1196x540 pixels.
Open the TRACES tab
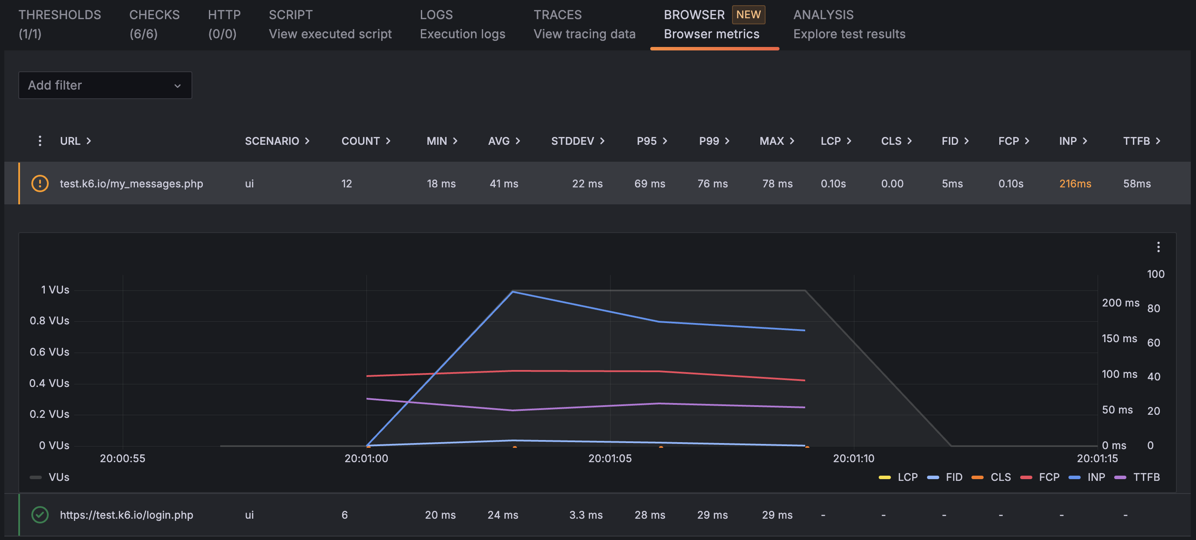coord(584,24)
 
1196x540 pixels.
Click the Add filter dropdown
coord(105,85)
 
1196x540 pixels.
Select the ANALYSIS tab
coord(849,24)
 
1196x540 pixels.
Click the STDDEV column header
coord(577,141)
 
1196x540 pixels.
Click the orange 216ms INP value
coord(1075,184)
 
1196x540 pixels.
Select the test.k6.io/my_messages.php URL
coord(131,184)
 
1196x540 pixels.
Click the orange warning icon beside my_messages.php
coord(40,184)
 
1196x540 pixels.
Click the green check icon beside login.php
coord(40,515)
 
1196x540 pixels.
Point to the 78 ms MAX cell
coord(777,184)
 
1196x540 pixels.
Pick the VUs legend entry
coord(50,477)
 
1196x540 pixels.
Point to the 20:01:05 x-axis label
coord(610,458)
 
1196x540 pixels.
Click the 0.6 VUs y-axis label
coord(49,352)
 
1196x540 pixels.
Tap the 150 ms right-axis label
coord(1119,339)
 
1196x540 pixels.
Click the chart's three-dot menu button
coord(1158,247)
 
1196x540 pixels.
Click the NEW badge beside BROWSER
coord(748,14)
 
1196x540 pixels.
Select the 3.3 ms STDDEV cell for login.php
coord(585,515)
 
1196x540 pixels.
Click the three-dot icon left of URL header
coord(40,141)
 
